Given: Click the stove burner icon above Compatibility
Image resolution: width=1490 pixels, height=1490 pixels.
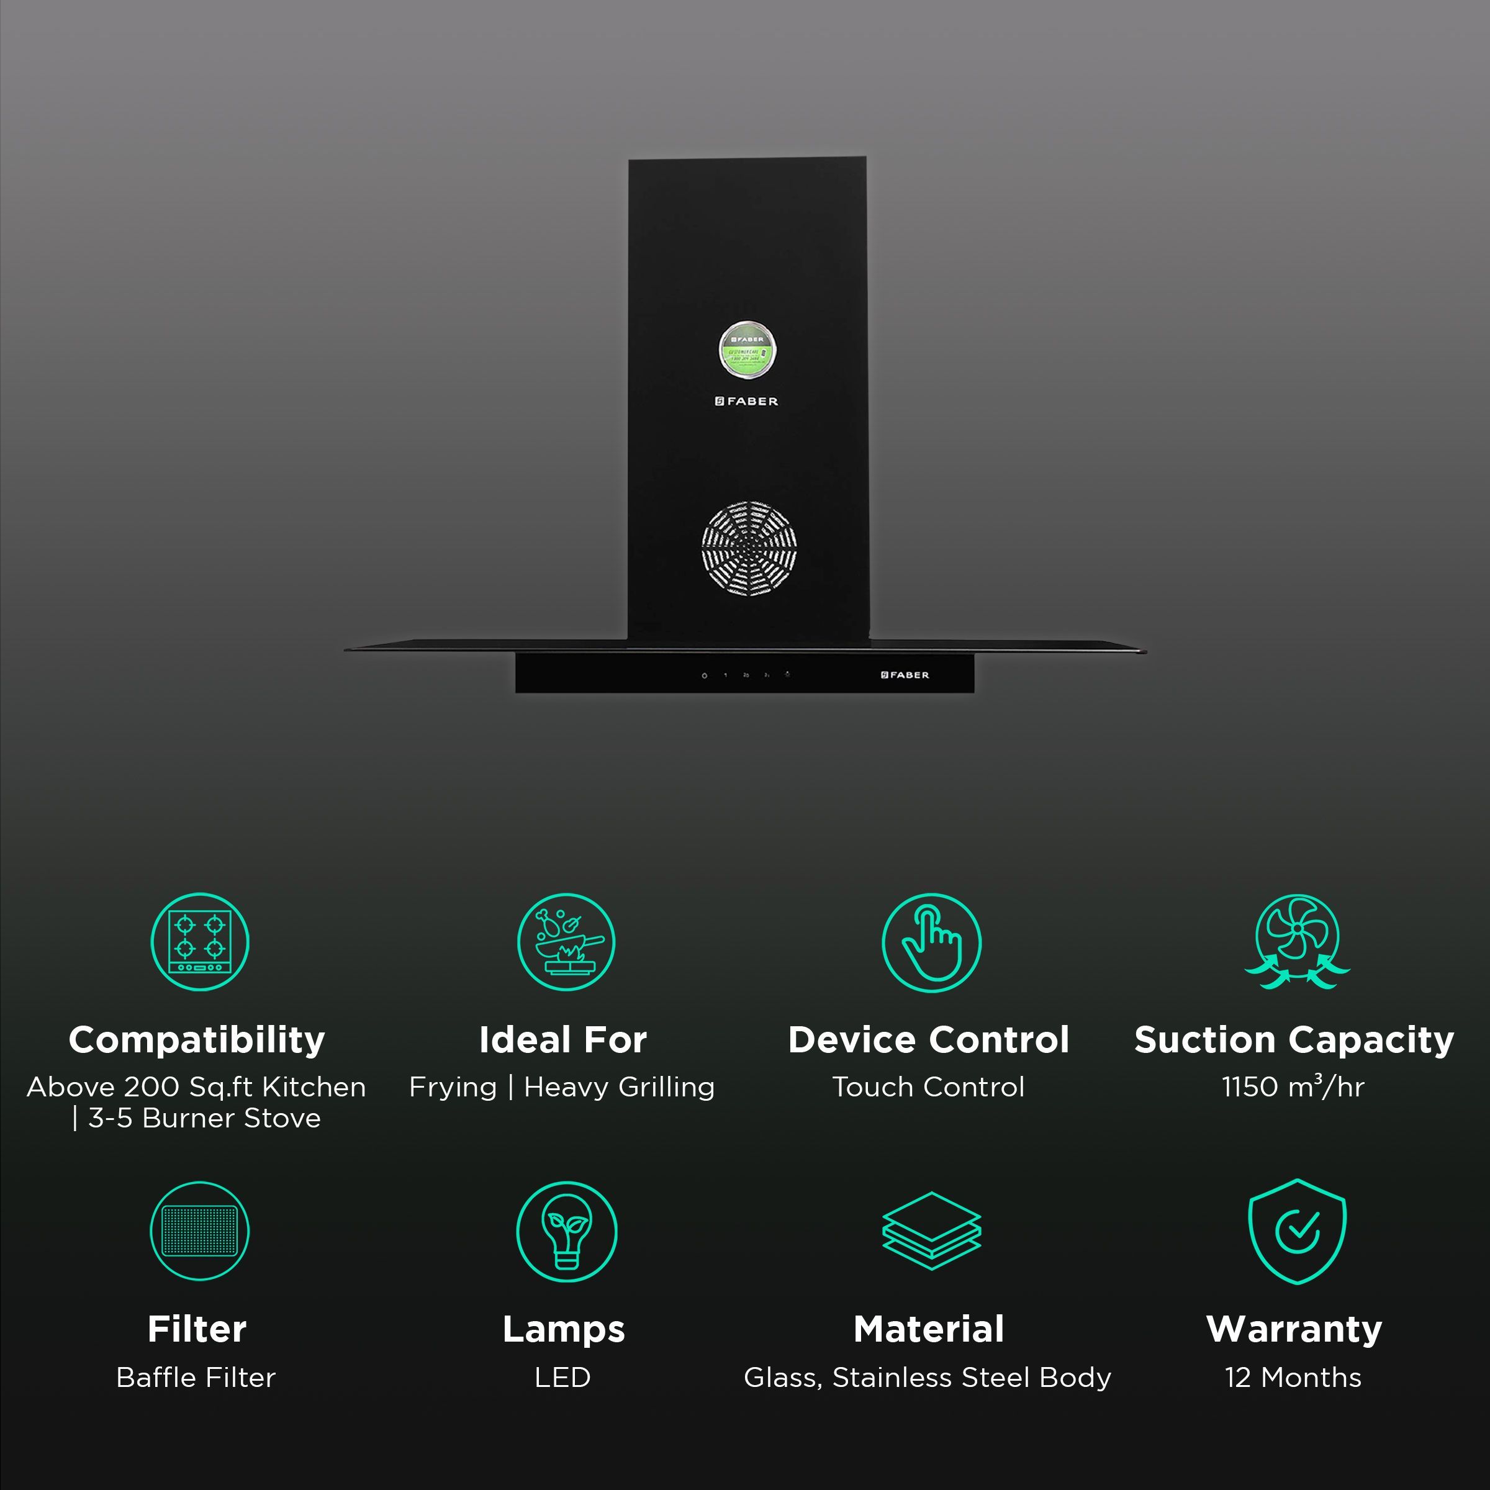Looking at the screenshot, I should pos(200,942).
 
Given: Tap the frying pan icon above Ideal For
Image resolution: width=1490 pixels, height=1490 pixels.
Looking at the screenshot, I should pos(566,942).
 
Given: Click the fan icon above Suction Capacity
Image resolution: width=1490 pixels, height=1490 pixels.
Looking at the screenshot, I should pos(1297,942).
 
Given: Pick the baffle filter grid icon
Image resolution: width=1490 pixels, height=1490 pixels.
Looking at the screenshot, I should pos(200,1231).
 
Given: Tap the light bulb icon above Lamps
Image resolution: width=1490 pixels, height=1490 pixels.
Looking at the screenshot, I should pos(566,1231).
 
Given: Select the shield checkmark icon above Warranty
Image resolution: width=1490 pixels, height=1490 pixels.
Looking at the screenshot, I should pos(1297,1231).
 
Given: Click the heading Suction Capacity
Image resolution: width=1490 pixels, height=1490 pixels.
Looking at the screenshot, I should pos(1294,1040).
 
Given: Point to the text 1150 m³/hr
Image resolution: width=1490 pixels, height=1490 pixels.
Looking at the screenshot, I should pos(1293,1086).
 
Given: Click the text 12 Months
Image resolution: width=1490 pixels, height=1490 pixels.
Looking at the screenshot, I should pos(1293,1378).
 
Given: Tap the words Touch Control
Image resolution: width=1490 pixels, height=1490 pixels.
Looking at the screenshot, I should pos(929,1086).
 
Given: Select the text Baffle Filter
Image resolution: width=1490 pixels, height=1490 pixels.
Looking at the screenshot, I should pos(196,1378).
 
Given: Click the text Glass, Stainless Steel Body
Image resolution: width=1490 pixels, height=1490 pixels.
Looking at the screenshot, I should pos(928,1378).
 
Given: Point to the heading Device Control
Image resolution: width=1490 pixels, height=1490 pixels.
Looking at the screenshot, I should pos(929,1040).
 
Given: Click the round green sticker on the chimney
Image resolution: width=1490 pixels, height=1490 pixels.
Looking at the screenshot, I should pos(747,351).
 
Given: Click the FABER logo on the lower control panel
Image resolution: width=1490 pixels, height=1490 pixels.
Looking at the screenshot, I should pos(905,675).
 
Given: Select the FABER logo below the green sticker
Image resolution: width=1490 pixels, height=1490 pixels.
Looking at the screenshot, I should pos(746,401).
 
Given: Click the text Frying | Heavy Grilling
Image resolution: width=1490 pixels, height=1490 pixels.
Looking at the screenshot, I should pos(562,1086).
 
